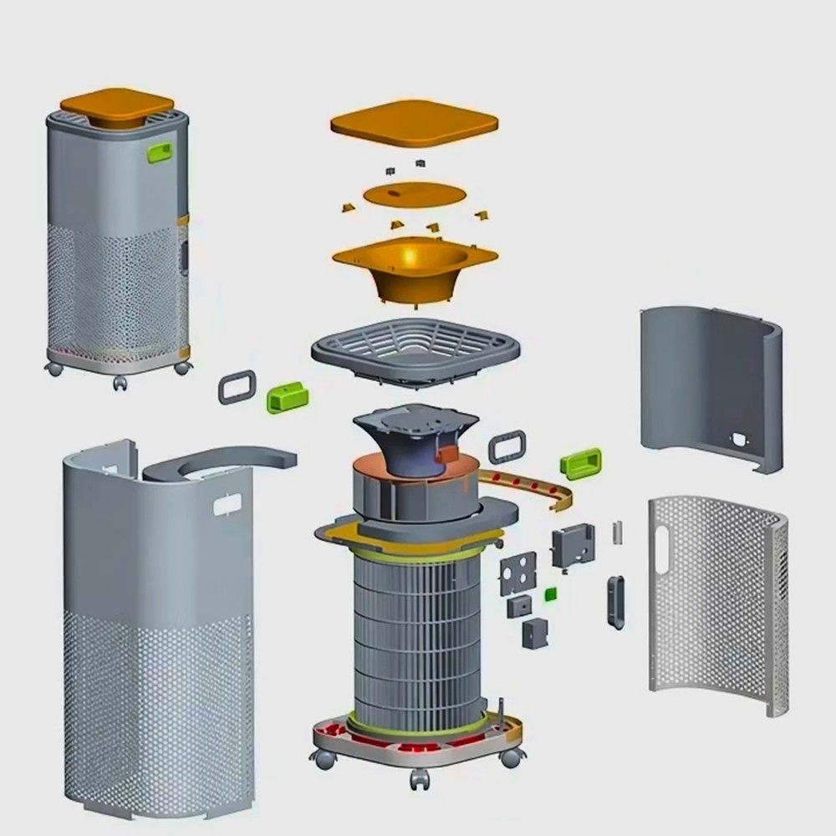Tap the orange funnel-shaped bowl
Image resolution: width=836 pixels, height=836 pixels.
click(x=414, y=266)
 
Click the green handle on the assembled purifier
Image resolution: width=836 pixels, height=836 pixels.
click(x=159, y=152)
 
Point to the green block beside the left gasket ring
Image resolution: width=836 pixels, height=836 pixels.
click(x=287, y=396)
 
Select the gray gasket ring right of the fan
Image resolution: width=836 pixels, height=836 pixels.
click(x=507, y=446)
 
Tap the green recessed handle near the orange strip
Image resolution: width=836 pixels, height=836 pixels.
click(x=583, y=462)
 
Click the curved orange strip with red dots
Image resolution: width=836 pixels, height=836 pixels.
click(x=535, y=490)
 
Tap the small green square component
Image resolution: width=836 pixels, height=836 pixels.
click(x=551, y=594)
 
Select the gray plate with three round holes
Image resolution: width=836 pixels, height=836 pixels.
click(x=517, y=573)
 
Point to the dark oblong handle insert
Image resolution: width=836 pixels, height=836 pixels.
click(x=615, y=601)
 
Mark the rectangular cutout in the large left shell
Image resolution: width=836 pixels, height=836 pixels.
click(x=227, y=504)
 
